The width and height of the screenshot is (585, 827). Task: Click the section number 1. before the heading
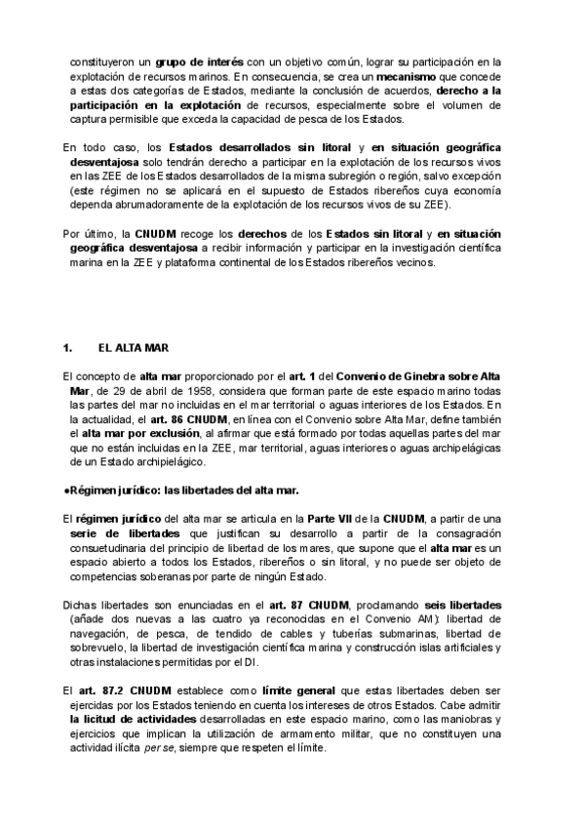click(67, 347)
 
